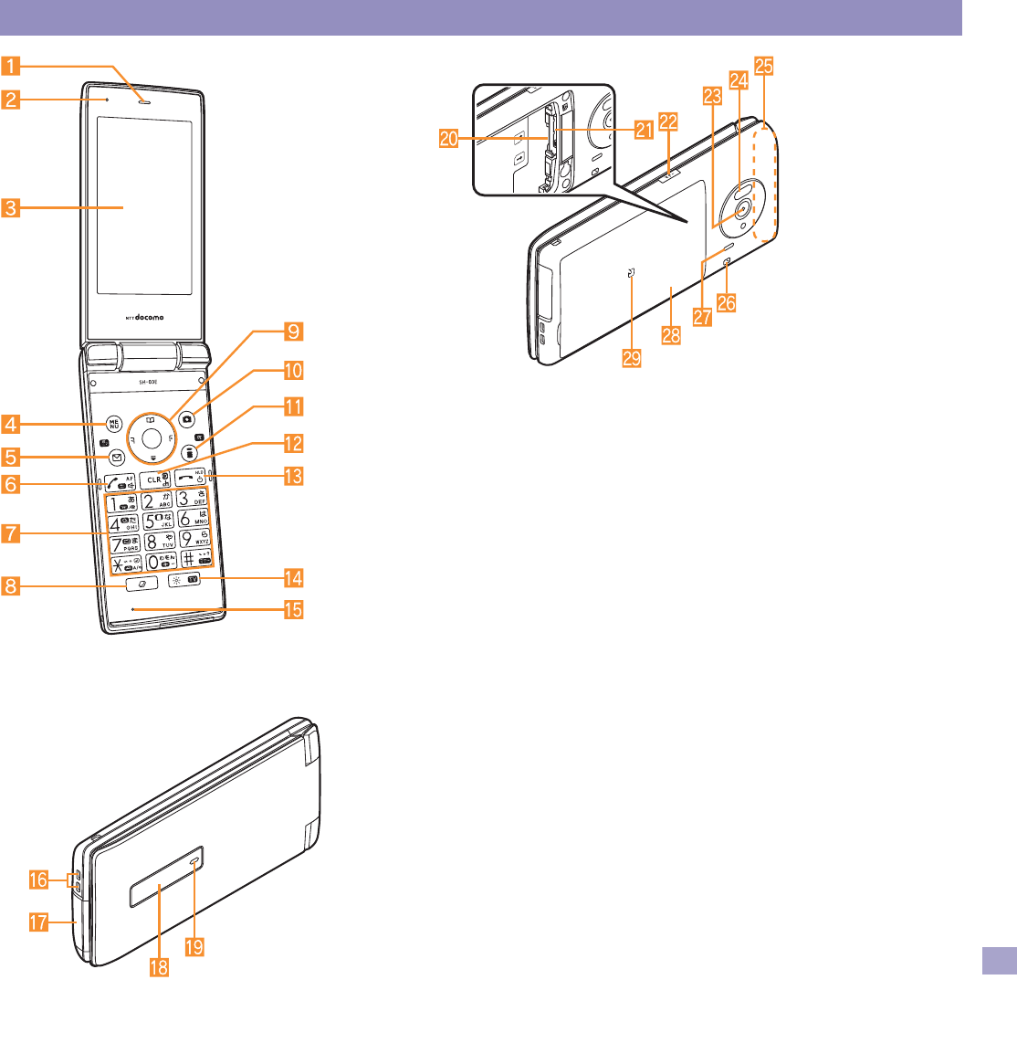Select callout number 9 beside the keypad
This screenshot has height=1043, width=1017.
[x=294, y=331]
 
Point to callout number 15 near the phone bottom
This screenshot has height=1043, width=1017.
[x=294, y=608]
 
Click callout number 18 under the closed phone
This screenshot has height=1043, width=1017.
[x=159, y=966]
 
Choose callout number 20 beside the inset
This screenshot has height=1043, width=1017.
[x=448, y=139]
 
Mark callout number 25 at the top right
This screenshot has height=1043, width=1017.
[x=765, y=65]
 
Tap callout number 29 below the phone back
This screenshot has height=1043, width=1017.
[x=632, y=357]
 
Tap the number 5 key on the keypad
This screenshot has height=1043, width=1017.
[x=158, y=524]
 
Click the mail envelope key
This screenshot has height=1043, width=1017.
[x=116, y=457]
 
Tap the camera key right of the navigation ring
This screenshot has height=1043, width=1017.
[x=187, y=419]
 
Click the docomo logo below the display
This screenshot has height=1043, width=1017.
[x=144, y=318]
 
